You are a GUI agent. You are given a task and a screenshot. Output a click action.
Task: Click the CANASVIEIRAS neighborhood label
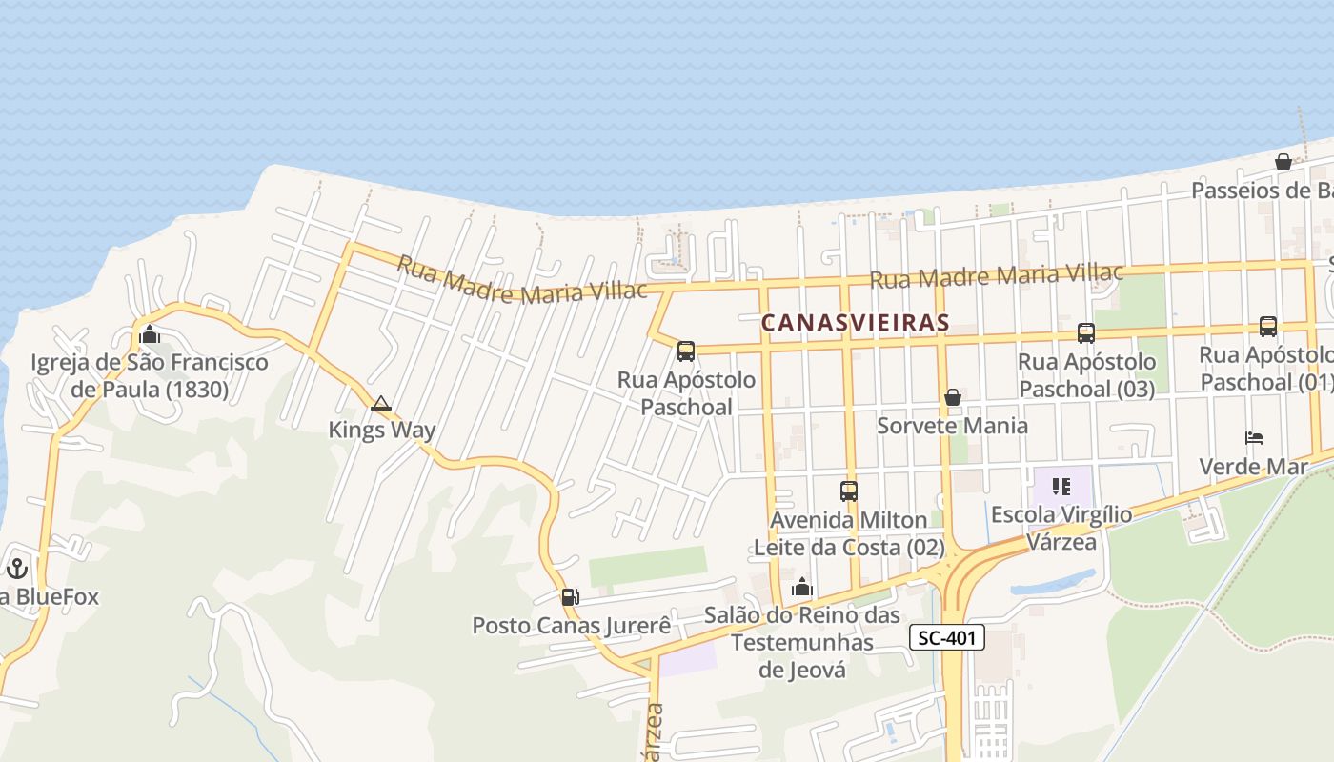[x=856, y=323]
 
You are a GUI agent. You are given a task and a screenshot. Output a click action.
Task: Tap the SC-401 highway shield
[x=946, y=637]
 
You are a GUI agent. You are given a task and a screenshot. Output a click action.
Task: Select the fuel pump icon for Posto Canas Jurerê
[x=570, y=597]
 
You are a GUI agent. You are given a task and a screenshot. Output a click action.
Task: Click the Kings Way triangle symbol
[x=381, y=403]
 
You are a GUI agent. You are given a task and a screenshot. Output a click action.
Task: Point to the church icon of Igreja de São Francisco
[x=149, y=334]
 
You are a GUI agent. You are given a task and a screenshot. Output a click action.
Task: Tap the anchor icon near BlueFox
[x=17, y=569]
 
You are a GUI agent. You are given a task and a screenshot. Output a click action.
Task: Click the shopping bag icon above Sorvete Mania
[x=952, y=396]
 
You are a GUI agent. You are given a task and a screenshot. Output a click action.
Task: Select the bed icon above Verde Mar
[x=1253, y=438]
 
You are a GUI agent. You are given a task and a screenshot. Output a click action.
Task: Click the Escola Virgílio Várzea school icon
[x=1061, y=487]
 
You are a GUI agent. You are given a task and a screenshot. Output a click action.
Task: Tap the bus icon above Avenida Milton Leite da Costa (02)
[x=848, y=491]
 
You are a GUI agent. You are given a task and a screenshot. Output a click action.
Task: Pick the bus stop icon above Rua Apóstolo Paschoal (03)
[x=1085, y=332]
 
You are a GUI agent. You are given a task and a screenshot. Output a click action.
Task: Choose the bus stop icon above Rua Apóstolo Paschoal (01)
[x=1267, y=327]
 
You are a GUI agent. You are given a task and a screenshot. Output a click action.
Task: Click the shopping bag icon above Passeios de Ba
[x=1283, y=162]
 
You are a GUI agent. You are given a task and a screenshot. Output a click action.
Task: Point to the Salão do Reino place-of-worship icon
[x=801, y=587]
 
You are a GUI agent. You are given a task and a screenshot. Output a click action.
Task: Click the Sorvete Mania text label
[x=952, y=425]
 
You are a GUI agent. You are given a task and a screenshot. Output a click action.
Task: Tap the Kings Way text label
[x=381, y=430]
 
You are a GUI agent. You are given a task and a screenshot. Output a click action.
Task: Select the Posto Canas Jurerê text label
[x=572, y=626]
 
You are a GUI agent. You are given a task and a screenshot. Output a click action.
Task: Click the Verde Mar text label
[x=1252, y=467]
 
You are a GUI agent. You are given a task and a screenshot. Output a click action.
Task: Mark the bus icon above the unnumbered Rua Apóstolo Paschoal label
[x=685, y=351]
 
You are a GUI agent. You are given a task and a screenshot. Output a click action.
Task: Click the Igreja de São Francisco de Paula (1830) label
[x=150, y=375]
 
